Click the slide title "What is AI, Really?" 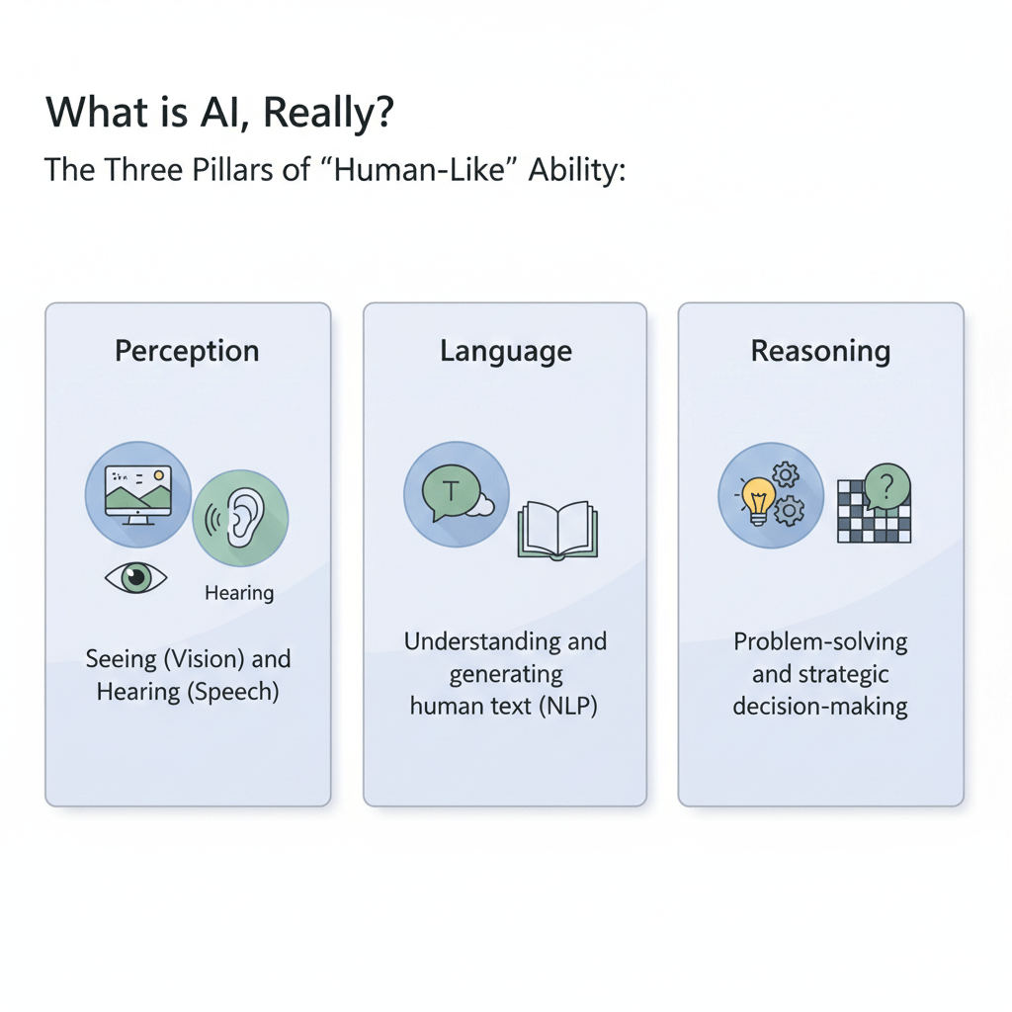pos(219,113)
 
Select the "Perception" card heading pos(187,351)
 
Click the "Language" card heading pos(505,351)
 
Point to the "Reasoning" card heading pos(820,351)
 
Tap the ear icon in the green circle pos(245,516)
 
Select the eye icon pos(136,577)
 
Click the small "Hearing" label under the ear pos(239,593)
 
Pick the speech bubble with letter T pos(450,490)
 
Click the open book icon pos(557,530)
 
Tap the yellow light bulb pos(756,500)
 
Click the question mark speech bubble pos(886,486)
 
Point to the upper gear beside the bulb pos(786,476)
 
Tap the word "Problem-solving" pos(820,641)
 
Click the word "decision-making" pos(820,707)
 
